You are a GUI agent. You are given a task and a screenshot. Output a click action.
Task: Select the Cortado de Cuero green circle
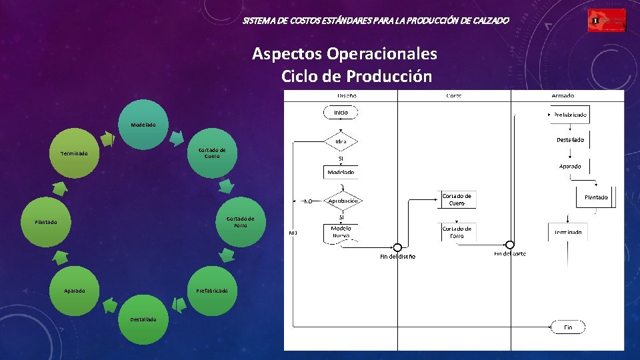[212, 153]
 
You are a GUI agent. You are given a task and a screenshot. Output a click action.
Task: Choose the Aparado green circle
[74, 291]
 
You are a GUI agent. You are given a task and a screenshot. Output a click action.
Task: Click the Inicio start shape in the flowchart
[341, 113]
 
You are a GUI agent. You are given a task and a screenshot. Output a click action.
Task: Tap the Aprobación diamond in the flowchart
[342, 201]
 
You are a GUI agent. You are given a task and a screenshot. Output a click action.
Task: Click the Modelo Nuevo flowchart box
[341, 232]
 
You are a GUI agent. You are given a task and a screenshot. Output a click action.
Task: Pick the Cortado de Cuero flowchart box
[457, 199]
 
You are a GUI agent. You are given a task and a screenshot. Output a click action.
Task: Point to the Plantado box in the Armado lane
[596, 197]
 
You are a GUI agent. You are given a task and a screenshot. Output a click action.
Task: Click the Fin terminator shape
[568, 327]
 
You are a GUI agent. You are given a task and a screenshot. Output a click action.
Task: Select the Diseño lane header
[341, 95]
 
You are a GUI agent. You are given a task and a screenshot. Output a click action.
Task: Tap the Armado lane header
[563, 95]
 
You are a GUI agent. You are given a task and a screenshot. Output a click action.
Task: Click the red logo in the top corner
[607, 21]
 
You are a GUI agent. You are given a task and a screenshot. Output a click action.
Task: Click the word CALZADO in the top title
[491, 21]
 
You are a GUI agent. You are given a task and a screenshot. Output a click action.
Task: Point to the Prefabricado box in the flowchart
[570, 115]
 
